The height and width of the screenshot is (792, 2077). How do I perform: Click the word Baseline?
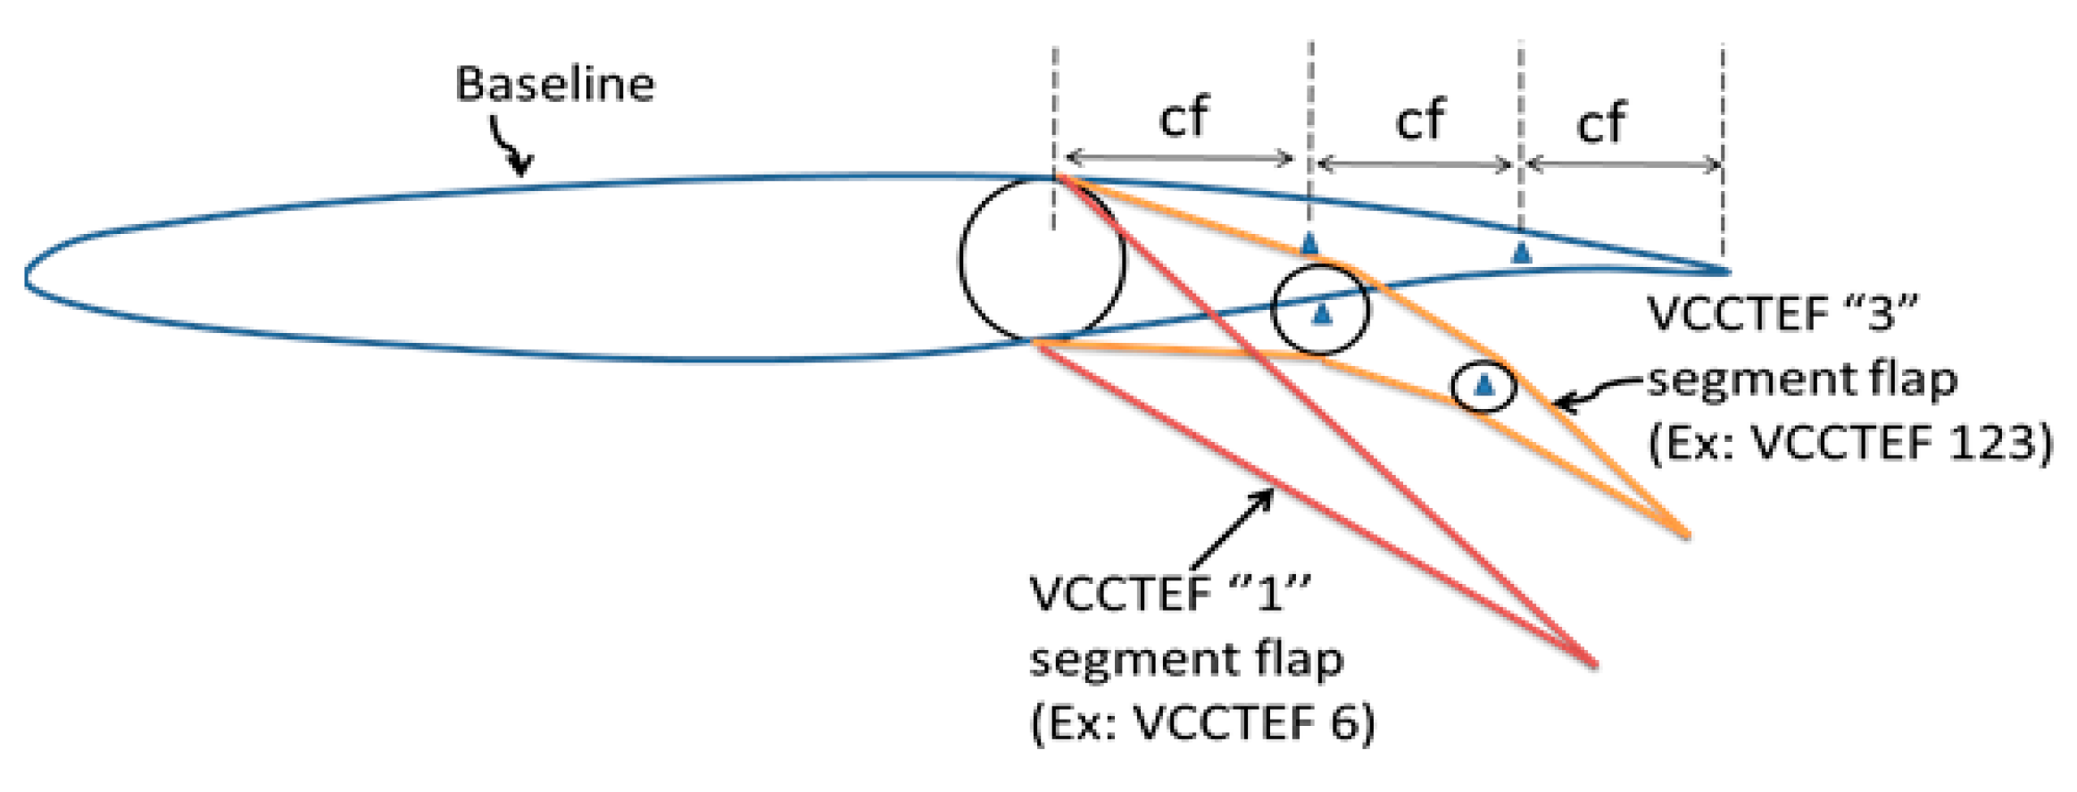(554, 85)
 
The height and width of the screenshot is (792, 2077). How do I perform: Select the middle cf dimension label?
(1419, 120)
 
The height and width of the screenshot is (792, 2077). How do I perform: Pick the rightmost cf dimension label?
(1601, 122)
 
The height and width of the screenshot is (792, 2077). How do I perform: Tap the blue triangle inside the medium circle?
(1322, 313)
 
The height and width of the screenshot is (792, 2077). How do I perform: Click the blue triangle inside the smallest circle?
(1483, 385)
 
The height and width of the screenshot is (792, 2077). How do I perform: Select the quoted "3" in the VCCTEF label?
(1881, 314)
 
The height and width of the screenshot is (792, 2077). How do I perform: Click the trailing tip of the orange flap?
(1687, 537)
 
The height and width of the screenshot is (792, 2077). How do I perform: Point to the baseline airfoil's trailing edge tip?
(1726, 271)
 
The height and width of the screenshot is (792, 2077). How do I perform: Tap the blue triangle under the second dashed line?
(1309, 243)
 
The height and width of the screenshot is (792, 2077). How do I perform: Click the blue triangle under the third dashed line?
(1522, 253)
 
